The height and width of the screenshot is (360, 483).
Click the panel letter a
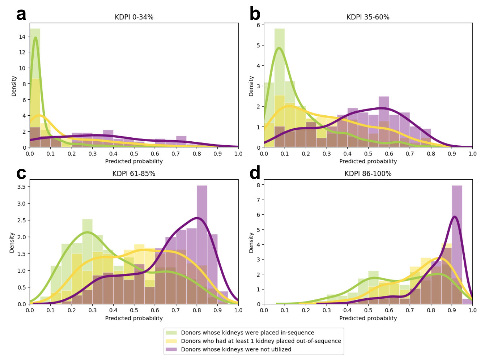tap(21, 14)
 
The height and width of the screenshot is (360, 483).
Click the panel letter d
tap(255, 172)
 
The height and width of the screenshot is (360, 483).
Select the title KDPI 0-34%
tap(134, 17)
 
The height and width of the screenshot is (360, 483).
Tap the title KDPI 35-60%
tap(368, 17)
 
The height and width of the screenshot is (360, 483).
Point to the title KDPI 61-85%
tap(134, 174)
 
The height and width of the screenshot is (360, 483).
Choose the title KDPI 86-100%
tap(368, 174)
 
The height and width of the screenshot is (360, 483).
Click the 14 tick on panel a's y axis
tap(22, 37)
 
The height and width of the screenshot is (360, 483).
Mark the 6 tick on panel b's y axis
tap(258, 25)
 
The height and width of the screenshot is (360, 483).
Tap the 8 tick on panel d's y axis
tap(258, 185)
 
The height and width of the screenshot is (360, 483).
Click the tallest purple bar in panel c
tap(202, 245)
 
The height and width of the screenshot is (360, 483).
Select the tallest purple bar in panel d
tap(457, 245)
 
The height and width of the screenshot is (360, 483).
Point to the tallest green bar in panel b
tap(279, 88)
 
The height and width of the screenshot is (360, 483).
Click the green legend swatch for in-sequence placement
tap(171, 333)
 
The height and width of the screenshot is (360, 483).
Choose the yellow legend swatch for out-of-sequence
tap(171, 341)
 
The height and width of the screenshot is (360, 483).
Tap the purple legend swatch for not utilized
tap(171, 349)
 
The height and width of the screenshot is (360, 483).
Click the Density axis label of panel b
tap(251, 86)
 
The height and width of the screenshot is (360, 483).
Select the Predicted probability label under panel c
tap(134, 318)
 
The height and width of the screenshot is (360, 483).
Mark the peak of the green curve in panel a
tap(35, 37)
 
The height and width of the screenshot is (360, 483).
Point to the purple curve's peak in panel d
tap(455, 217)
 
